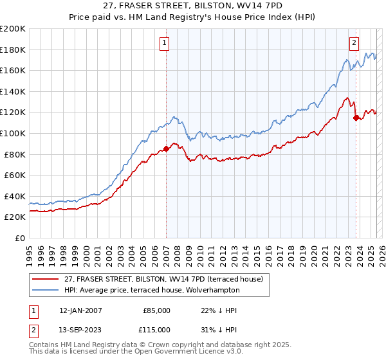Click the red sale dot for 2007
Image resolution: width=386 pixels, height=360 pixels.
(166, 148)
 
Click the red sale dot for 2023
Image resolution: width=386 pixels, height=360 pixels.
(356, 117)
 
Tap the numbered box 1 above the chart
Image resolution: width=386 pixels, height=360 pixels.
(165, 43)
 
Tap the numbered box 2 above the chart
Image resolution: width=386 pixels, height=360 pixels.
(354, 43)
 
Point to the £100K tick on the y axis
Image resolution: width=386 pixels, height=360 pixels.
(13, 133)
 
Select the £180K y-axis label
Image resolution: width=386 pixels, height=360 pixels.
(13, 50)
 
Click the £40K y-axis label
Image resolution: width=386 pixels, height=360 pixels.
(15, 196)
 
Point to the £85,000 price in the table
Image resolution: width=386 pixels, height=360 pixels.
(157, 310)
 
